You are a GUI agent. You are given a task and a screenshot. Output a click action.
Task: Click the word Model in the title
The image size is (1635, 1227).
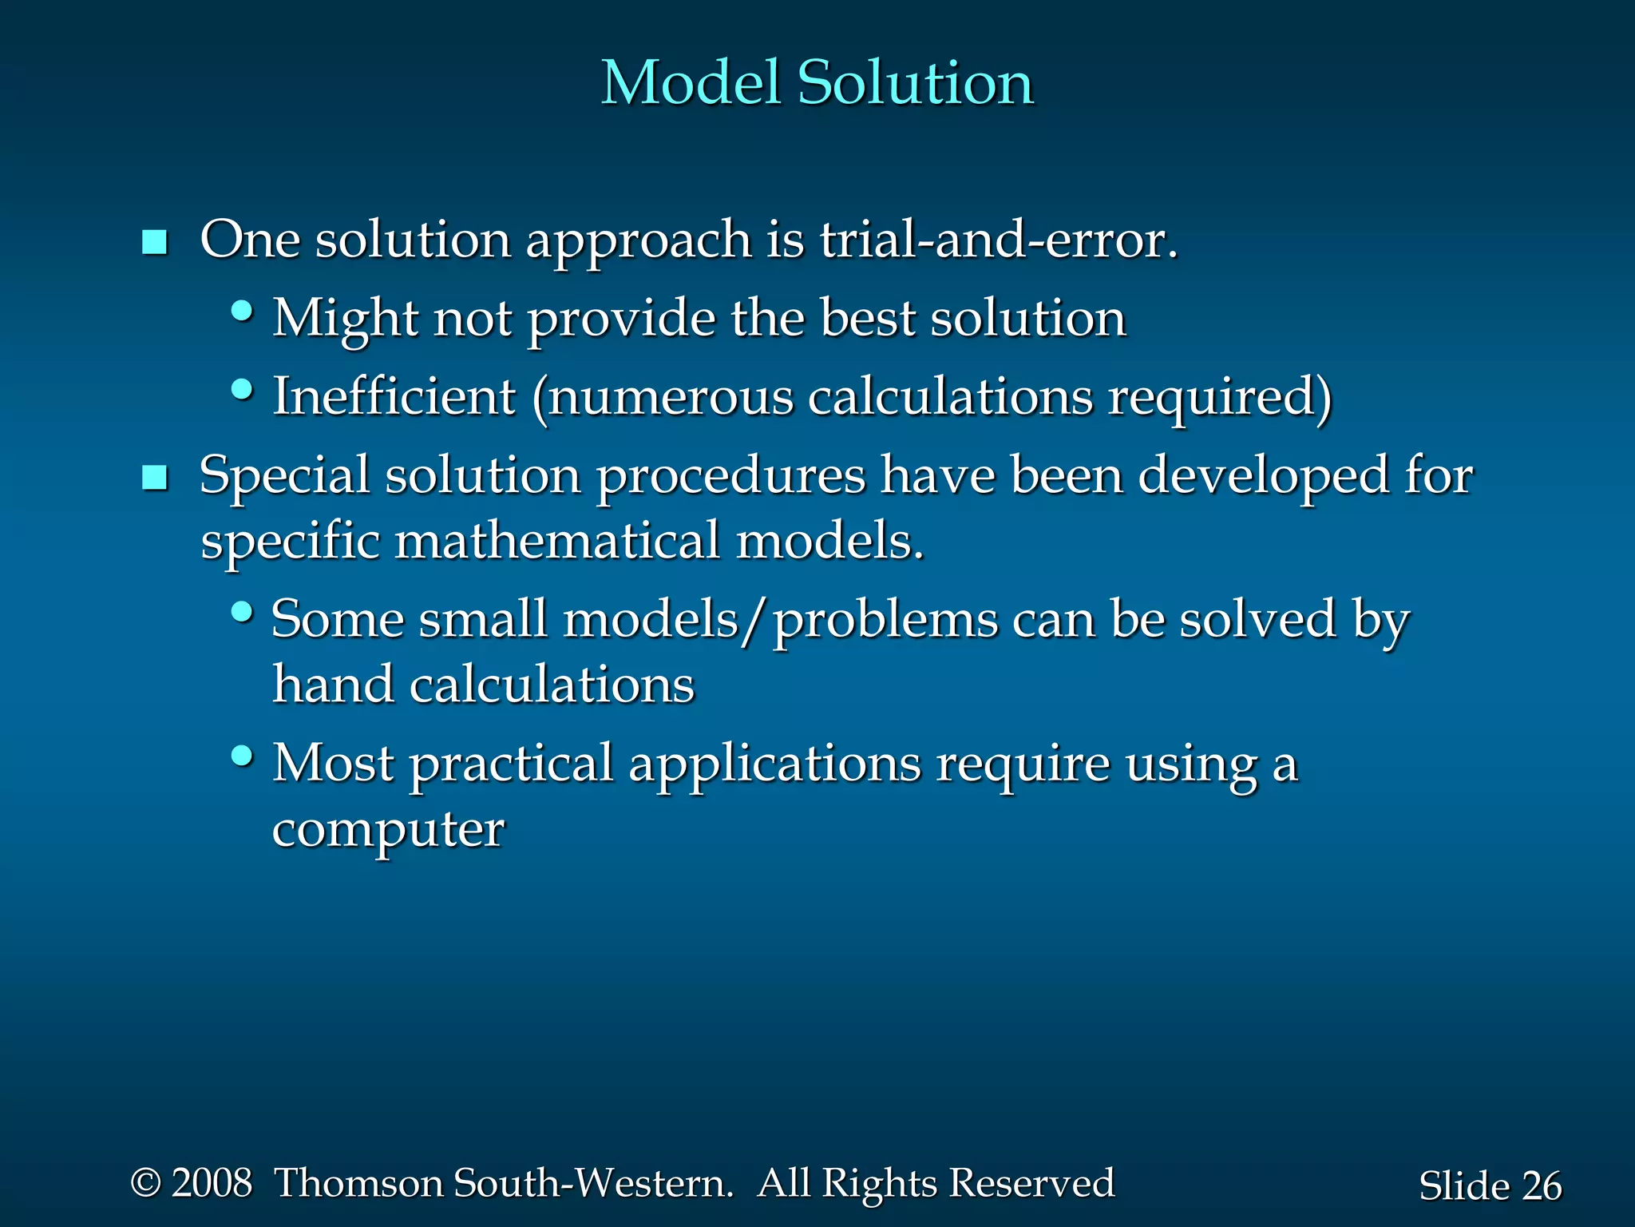[690, 82]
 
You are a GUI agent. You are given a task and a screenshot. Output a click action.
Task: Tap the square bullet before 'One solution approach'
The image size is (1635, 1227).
[154, 242]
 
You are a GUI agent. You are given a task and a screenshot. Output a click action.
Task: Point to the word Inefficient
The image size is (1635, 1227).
[394, 396]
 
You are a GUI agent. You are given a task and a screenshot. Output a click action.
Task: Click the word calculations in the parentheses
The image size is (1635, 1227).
[950, 396]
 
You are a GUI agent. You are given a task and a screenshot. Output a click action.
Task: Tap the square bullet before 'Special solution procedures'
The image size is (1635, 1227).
[154, 478]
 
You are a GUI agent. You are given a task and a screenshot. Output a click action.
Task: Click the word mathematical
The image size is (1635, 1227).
[557, 541]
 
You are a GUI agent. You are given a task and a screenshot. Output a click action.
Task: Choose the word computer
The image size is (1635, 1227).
[388, 830]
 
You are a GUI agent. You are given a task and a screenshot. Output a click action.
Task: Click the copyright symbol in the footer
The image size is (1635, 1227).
[145, 1183]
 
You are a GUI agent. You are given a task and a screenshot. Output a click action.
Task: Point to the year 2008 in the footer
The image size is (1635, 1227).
[212, 1183]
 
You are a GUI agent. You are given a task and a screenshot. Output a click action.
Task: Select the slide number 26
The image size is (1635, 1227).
[1541, 1186]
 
